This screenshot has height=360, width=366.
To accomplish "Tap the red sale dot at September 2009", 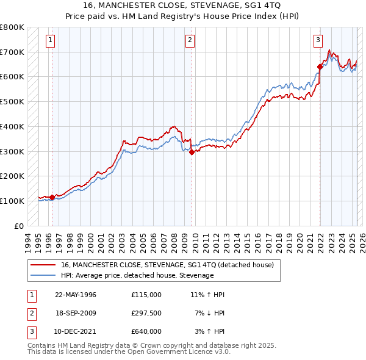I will tap(192, 153).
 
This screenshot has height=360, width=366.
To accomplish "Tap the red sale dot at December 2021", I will tap(320, 67).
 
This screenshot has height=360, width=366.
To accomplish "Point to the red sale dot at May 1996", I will tap(52, 197).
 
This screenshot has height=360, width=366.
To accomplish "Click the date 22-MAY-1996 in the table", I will tap(76, 294).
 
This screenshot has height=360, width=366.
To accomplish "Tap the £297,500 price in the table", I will tap(146, 313).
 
